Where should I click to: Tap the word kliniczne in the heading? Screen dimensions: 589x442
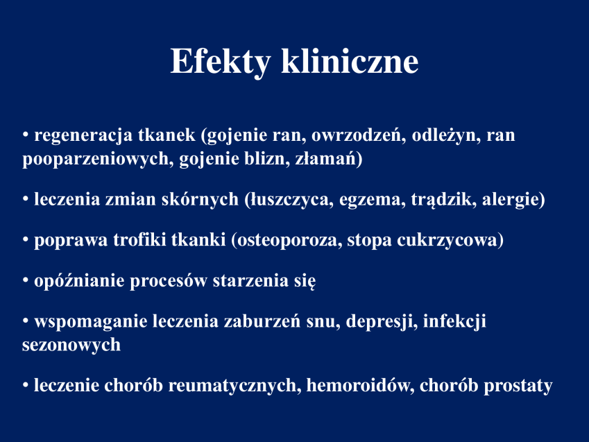pos(350,60)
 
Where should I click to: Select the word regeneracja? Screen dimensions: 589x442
pos(83,136)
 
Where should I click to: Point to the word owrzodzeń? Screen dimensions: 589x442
pos(359,135)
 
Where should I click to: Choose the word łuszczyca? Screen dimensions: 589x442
pos(289,200)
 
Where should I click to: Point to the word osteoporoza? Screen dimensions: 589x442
pos(287,241)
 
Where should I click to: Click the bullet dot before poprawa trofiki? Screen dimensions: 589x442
pos(26,239)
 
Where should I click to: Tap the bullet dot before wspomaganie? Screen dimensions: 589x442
pos(26,321)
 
